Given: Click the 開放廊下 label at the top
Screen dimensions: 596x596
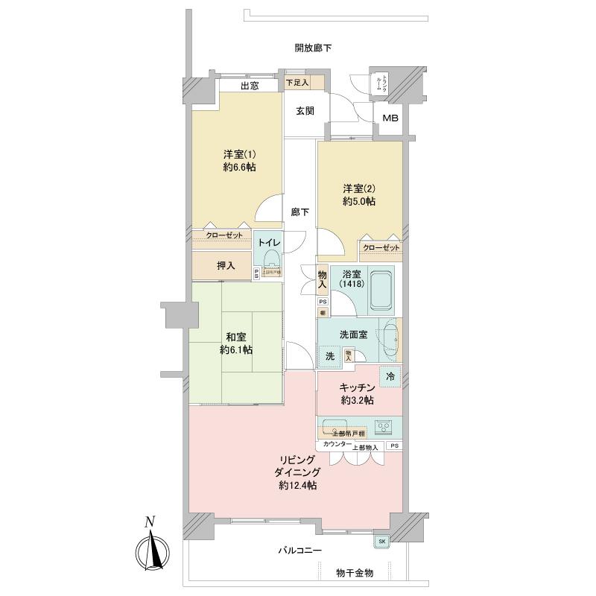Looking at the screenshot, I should coord(313,48).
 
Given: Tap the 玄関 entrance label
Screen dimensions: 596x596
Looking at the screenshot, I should coord(305,111).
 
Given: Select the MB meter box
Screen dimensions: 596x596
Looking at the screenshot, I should coord(390,118).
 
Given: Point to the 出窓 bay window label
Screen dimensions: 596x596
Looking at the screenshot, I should coord(250,86).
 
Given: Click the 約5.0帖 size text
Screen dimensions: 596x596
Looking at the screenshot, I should coord(359,201).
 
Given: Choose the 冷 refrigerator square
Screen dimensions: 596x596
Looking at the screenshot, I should coord(390,378).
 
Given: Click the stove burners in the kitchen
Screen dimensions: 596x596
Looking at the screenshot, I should coord(385,428).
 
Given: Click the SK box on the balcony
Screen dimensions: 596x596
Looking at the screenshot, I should coord(382,541).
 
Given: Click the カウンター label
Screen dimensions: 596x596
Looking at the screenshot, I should coord(337,445).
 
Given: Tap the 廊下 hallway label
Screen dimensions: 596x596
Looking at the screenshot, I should coord(300,212).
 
